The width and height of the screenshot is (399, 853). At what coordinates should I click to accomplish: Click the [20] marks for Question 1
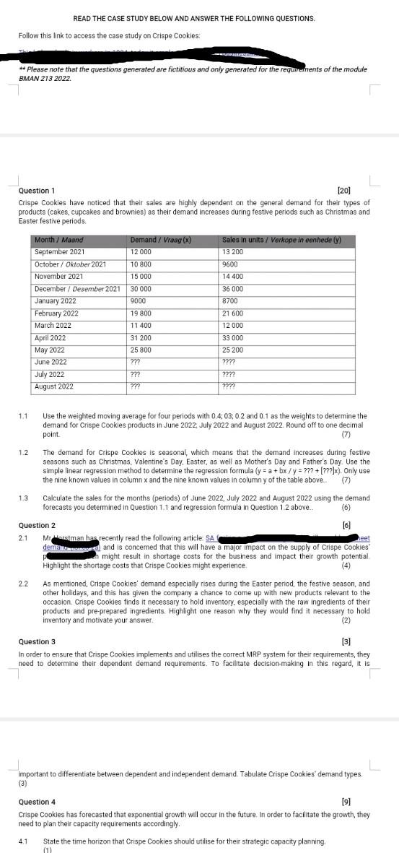point(343,190)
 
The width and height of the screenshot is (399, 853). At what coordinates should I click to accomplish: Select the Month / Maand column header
point(58,240)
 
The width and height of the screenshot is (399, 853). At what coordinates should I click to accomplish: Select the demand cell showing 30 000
point(141,289)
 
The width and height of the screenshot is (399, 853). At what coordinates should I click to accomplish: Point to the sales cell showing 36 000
point(233,289)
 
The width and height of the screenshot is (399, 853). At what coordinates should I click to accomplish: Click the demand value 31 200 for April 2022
point(141,338)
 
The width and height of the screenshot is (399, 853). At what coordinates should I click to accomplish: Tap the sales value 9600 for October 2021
point(230,264)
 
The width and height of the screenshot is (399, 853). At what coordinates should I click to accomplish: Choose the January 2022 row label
point(55,301)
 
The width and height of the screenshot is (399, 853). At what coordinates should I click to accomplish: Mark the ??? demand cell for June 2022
point(135,362)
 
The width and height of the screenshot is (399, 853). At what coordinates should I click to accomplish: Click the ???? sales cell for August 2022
point(229,386)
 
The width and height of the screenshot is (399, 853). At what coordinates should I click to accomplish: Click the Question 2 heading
point(36,525)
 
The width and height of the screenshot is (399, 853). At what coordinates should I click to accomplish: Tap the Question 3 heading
point(36,641)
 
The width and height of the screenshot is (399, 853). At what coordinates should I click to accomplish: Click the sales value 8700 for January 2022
point(230,301)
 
